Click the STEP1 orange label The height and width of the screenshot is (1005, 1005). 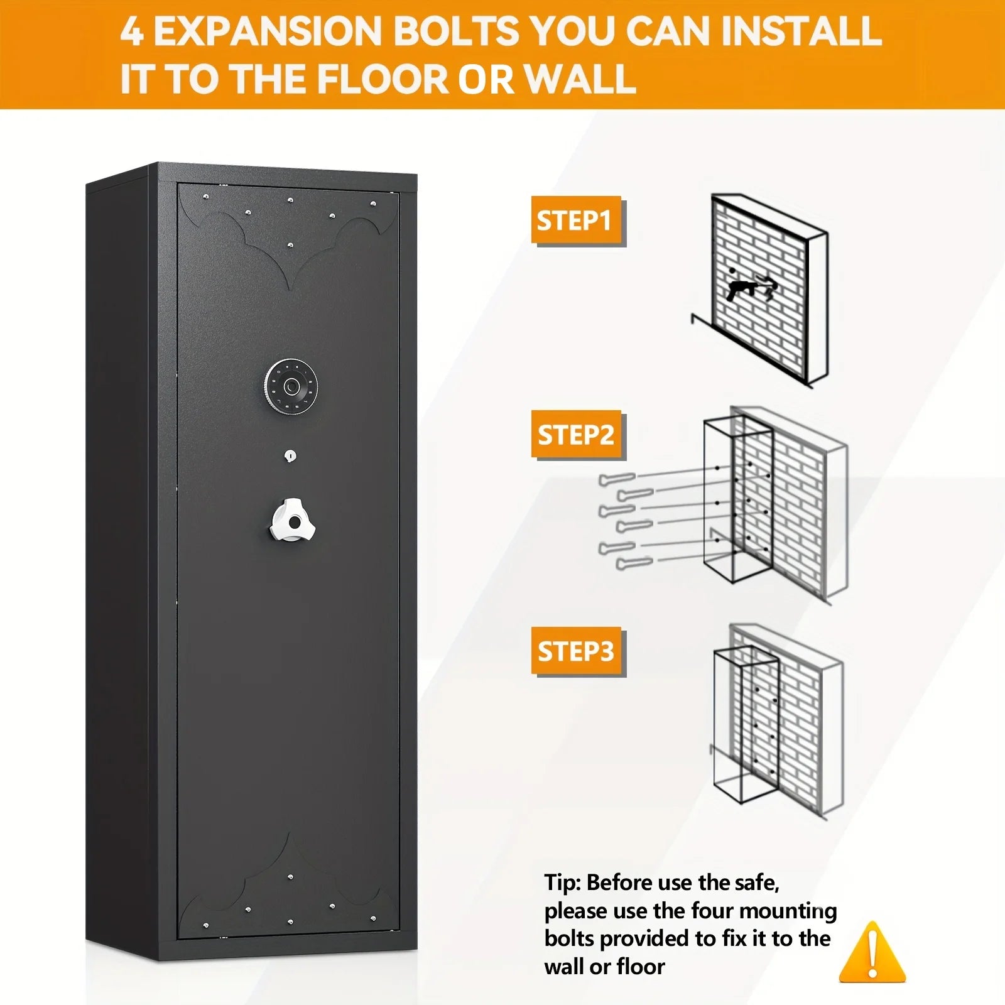point(577,220)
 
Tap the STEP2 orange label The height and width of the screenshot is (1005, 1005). point(577,435)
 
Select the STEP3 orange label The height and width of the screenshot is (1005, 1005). point(577,651)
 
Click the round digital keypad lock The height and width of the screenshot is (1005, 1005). point(291,386)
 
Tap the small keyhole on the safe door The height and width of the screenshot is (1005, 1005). point(290,455)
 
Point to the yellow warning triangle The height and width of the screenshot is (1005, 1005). point(872,952)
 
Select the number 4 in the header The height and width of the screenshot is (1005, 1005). point(132,31)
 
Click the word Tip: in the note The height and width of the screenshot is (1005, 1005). point(562,883)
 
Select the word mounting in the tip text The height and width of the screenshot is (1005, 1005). point(789,911)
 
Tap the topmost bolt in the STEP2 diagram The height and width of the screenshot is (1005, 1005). point(618,479)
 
